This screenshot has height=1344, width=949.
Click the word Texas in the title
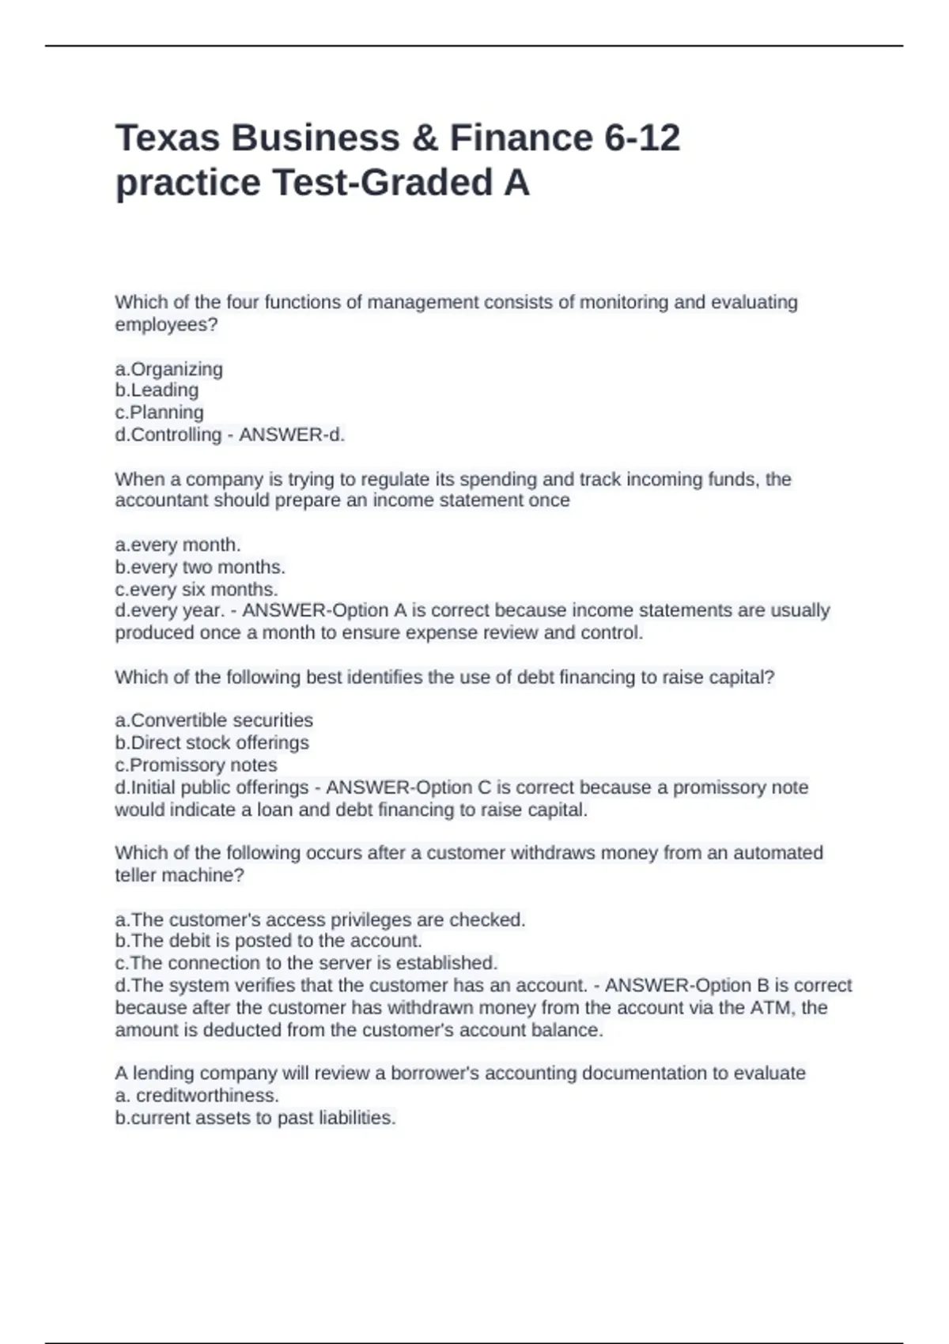pos(168,138)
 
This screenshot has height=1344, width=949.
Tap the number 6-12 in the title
pos(642,138)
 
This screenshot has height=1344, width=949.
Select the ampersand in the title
pos(425,138)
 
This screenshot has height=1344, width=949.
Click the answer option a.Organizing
pos(169,369)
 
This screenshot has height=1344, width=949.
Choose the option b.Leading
pos(157,391)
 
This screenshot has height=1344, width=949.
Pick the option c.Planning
pos(159,413)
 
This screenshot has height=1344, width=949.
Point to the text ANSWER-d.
pos(292,435)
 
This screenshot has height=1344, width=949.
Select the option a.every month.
pos(178,545)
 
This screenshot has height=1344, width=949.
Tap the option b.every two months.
pos(200,567)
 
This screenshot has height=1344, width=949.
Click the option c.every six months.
pos(196,589)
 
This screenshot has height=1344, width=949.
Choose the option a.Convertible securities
pos(214,720)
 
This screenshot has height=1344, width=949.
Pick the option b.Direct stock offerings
pos(212,742)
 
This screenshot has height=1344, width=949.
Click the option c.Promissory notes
pos(196,764)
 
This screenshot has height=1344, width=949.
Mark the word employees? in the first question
pos(166,325)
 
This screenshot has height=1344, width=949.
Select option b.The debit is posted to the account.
pos(268,941)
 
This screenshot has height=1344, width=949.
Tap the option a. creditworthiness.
pos(197,1096)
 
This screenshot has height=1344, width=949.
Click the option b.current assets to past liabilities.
pos(255,1118)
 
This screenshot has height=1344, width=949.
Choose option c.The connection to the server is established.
pos(306,963)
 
